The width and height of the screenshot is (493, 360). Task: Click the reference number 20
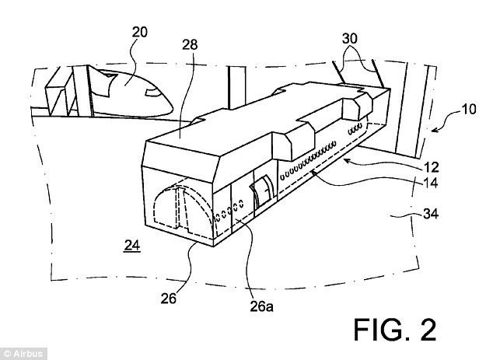140,32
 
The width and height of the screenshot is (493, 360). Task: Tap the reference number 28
190,44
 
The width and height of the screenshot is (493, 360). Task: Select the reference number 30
350,38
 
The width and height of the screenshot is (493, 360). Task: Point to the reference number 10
468,110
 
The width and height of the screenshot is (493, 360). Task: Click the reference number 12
431,167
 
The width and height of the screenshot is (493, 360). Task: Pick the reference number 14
431,183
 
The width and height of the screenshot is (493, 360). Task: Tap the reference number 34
431,214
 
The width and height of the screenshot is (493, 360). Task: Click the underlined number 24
132,245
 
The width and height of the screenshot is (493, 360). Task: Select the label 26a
261,306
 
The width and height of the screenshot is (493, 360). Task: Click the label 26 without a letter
169,299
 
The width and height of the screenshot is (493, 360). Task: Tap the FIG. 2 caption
395,330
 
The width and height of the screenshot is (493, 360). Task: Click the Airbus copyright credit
23,354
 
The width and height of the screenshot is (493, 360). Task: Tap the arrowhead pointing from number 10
434,130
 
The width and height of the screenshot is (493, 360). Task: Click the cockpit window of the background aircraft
152,93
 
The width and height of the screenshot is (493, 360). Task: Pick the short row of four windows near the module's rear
355,128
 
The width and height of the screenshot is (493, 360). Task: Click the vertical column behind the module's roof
237,88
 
